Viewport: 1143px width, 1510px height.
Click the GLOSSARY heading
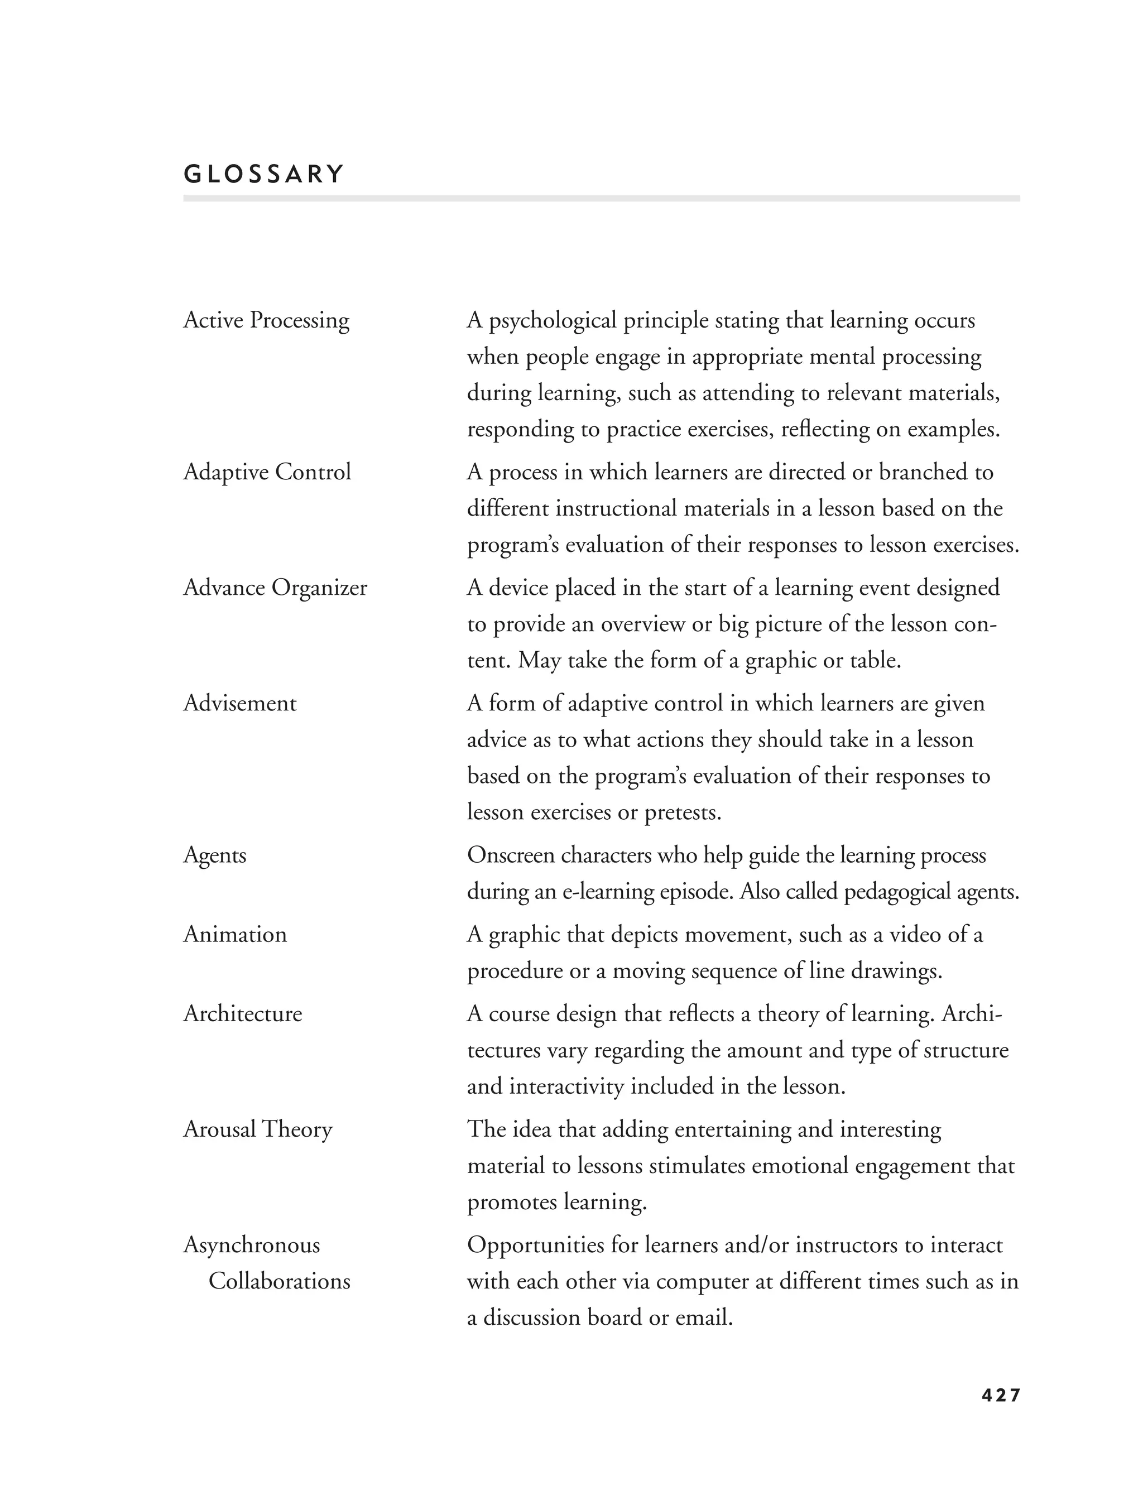point(263,175)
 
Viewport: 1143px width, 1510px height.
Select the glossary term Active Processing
point(266,320)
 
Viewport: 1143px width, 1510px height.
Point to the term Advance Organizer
point(275,588)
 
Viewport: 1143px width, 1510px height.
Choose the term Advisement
point(239,703)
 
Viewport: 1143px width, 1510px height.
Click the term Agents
point(214,855)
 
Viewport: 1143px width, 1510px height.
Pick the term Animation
point(235,934)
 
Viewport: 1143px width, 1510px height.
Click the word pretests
point(682,813)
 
